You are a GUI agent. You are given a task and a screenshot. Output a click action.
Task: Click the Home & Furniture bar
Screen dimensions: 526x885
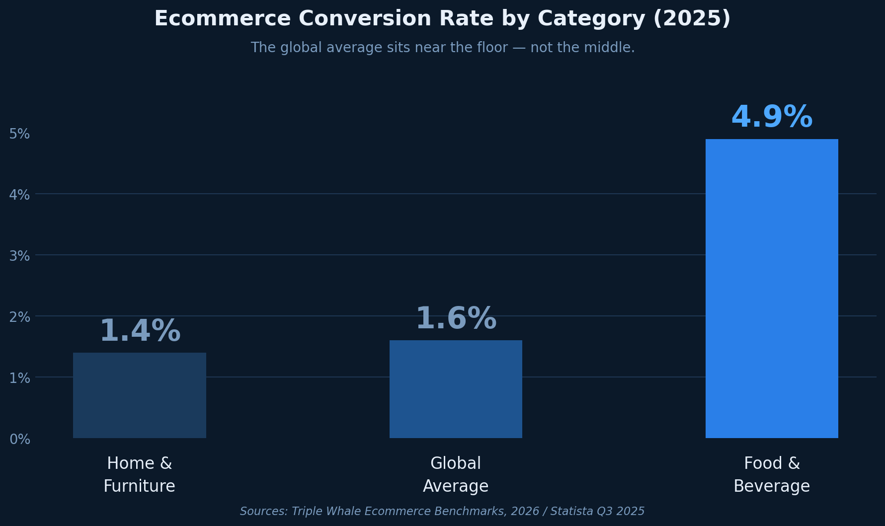[x=139, y=395]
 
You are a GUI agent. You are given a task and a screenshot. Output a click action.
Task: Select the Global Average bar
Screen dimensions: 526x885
[x=456, y=389]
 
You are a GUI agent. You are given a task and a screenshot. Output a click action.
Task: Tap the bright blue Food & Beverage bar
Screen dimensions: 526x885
[x=772, y=288]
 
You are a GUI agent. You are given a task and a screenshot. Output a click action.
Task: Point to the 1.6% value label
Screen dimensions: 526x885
[x=456, y=319]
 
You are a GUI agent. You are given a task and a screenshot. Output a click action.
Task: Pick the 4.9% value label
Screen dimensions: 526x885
[x=772, y=118]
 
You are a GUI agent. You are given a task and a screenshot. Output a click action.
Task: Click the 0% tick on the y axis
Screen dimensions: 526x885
[x=20, y=439]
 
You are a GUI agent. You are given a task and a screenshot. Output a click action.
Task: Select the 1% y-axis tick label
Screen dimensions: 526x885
[x=20, y=378]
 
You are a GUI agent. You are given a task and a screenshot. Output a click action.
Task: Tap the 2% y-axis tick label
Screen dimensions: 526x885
[x=20, y=317]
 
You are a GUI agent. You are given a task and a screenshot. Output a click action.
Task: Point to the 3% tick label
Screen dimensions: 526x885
[x=20, y=256]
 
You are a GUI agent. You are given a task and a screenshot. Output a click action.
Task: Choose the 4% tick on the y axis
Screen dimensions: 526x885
[x=20, y=195]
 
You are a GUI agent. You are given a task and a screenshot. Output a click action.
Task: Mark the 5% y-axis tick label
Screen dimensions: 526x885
[x=20, y=134]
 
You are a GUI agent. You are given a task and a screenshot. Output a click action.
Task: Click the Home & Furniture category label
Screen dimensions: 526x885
[x=139, y=474]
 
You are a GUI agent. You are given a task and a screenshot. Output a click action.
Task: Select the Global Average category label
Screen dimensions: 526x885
[x=456, y=474]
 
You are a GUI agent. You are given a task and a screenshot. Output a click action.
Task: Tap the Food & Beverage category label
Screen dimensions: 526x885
[x=772, y=474]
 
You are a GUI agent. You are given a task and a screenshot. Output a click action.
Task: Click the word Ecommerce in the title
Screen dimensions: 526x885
[x=222, y=19]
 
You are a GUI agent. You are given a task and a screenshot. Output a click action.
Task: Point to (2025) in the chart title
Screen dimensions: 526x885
[x=691, y=19]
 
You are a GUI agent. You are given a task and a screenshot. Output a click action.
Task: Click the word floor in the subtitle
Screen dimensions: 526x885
[x=490, y=48]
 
